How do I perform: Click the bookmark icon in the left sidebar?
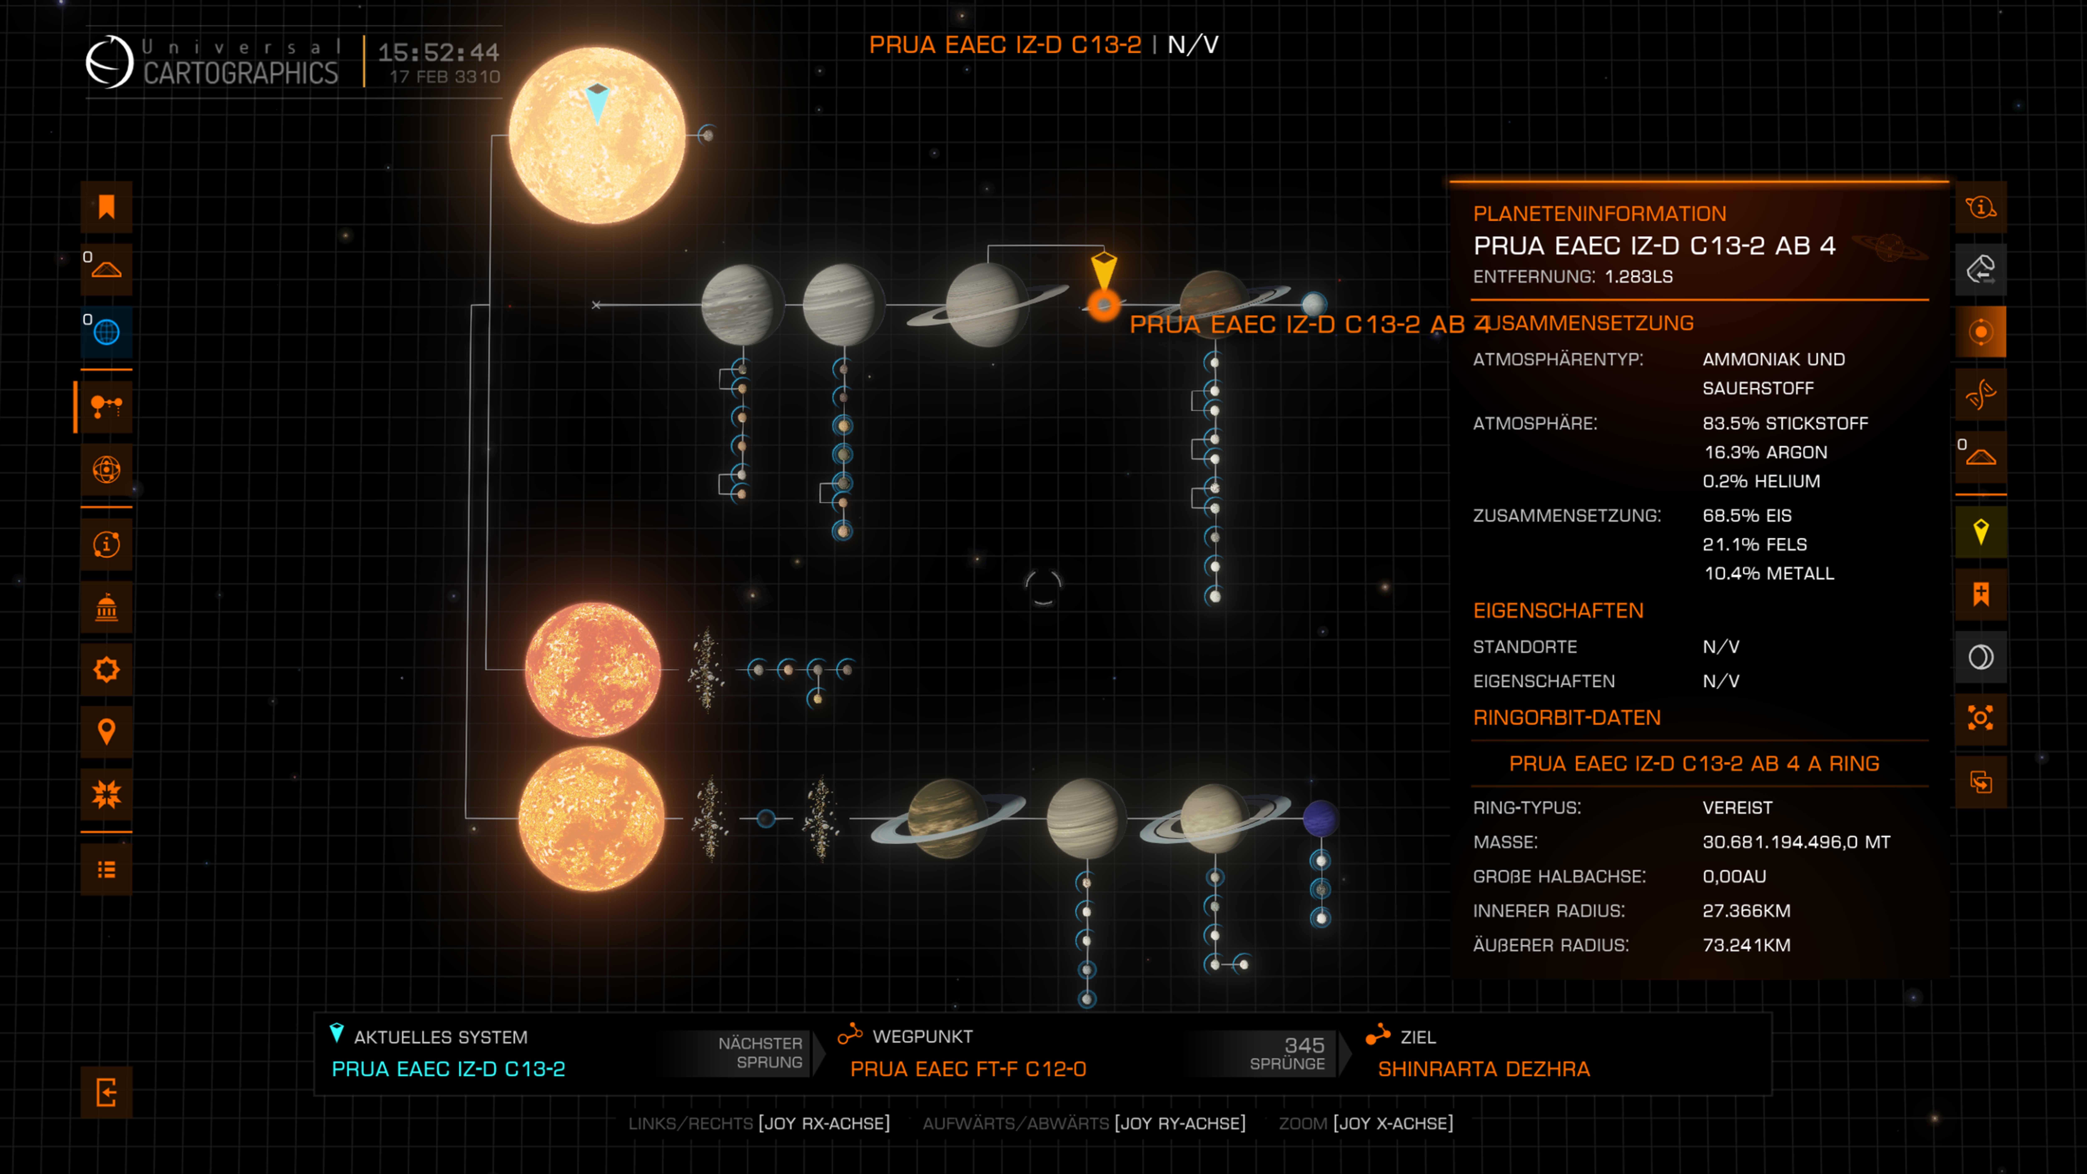(x=106, y=207)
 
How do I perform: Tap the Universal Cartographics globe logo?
(x=109, y=62)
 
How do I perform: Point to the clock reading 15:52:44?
(x=438, y=53)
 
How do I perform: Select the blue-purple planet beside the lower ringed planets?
(x=1320, y=818)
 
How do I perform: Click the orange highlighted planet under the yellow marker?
(x=1103, y=306)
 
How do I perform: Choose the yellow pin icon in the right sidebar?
(x=1981, y=532)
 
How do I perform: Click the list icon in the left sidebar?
(x=106, y=869)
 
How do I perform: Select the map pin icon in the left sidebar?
(x=106, y=732)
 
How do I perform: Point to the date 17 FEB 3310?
(x=445, y=77)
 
